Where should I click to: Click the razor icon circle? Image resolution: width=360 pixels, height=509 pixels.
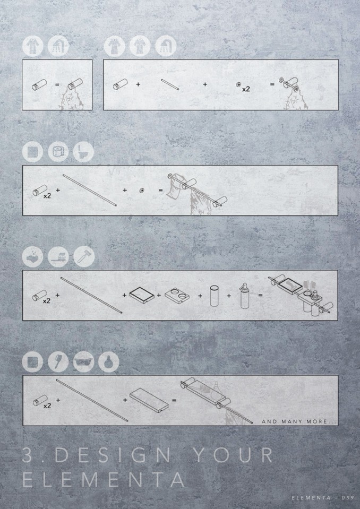(x=84, y=257)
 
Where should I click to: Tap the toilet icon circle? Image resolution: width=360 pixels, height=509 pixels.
(x=83, y=152)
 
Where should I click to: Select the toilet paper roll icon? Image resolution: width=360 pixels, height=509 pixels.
(x=58, y=152)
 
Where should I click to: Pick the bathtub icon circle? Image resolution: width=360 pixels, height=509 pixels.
(x=83, y=361)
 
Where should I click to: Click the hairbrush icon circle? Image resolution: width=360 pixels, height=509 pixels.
(x=58, y=361)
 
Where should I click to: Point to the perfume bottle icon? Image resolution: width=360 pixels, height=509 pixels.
(x=109, y=361)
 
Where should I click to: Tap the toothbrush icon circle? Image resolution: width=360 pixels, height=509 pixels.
(x=58, y=257)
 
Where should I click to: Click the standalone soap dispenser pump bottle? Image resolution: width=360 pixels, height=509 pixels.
(x=244, y=296)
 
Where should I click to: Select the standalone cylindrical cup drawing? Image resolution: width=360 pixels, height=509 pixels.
(x=214, y=296)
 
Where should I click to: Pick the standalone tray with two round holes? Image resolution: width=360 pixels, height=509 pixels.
(x=177, y=295)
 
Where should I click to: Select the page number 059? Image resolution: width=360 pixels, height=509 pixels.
(x=347, y=497)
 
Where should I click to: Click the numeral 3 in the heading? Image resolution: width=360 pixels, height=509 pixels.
(x=28, y=454)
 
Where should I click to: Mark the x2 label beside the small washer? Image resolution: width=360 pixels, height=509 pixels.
(x=246, y=89)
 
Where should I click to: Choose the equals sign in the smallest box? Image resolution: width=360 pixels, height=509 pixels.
(x=57, y=85)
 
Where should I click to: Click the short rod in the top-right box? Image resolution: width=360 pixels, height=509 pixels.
(x=170, y=85)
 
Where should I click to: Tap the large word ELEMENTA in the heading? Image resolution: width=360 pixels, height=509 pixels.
(x=104, y=480)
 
